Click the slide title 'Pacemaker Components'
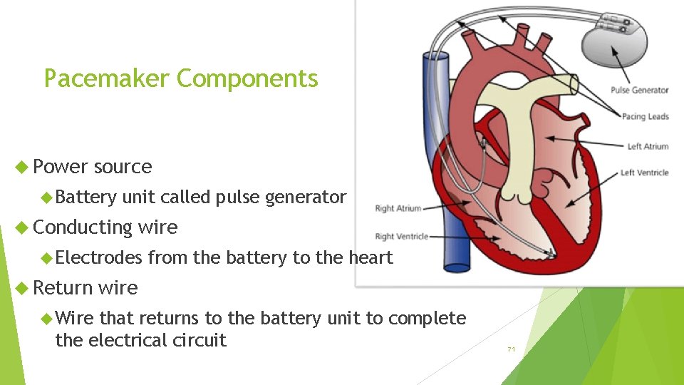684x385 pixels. pyautogui.click(x=181, y=78)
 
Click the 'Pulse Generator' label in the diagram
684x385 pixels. pyautogui.click(x=639, y=90)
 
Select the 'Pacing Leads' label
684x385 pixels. pyautogui.click(x=645, y=117)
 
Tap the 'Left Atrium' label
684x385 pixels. pyautogui.click(x=648, y=147)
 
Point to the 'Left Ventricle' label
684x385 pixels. pyautogui.click(x=644, y=173)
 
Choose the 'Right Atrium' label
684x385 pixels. pyautogui.click(x=398, y=208)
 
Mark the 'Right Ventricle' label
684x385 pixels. pyautogui.click(x=401, y=237)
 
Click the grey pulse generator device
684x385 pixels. pyautogui.click(x=616, y=47)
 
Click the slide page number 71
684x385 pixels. pyautogui.click(x=511, y=349)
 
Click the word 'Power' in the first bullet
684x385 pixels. pyautogui.click(x=61, y=167)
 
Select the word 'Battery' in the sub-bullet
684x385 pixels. pyautogui.click(x=85, y=197)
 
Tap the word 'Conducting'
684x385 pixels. pyautogui.click(x=83, y=227)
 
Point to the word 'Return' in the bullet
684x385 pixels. pyautogui.click(x=63, y=288)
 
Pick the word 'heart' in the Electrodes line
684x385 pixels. pyautogui.click(x=370, y=257)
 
